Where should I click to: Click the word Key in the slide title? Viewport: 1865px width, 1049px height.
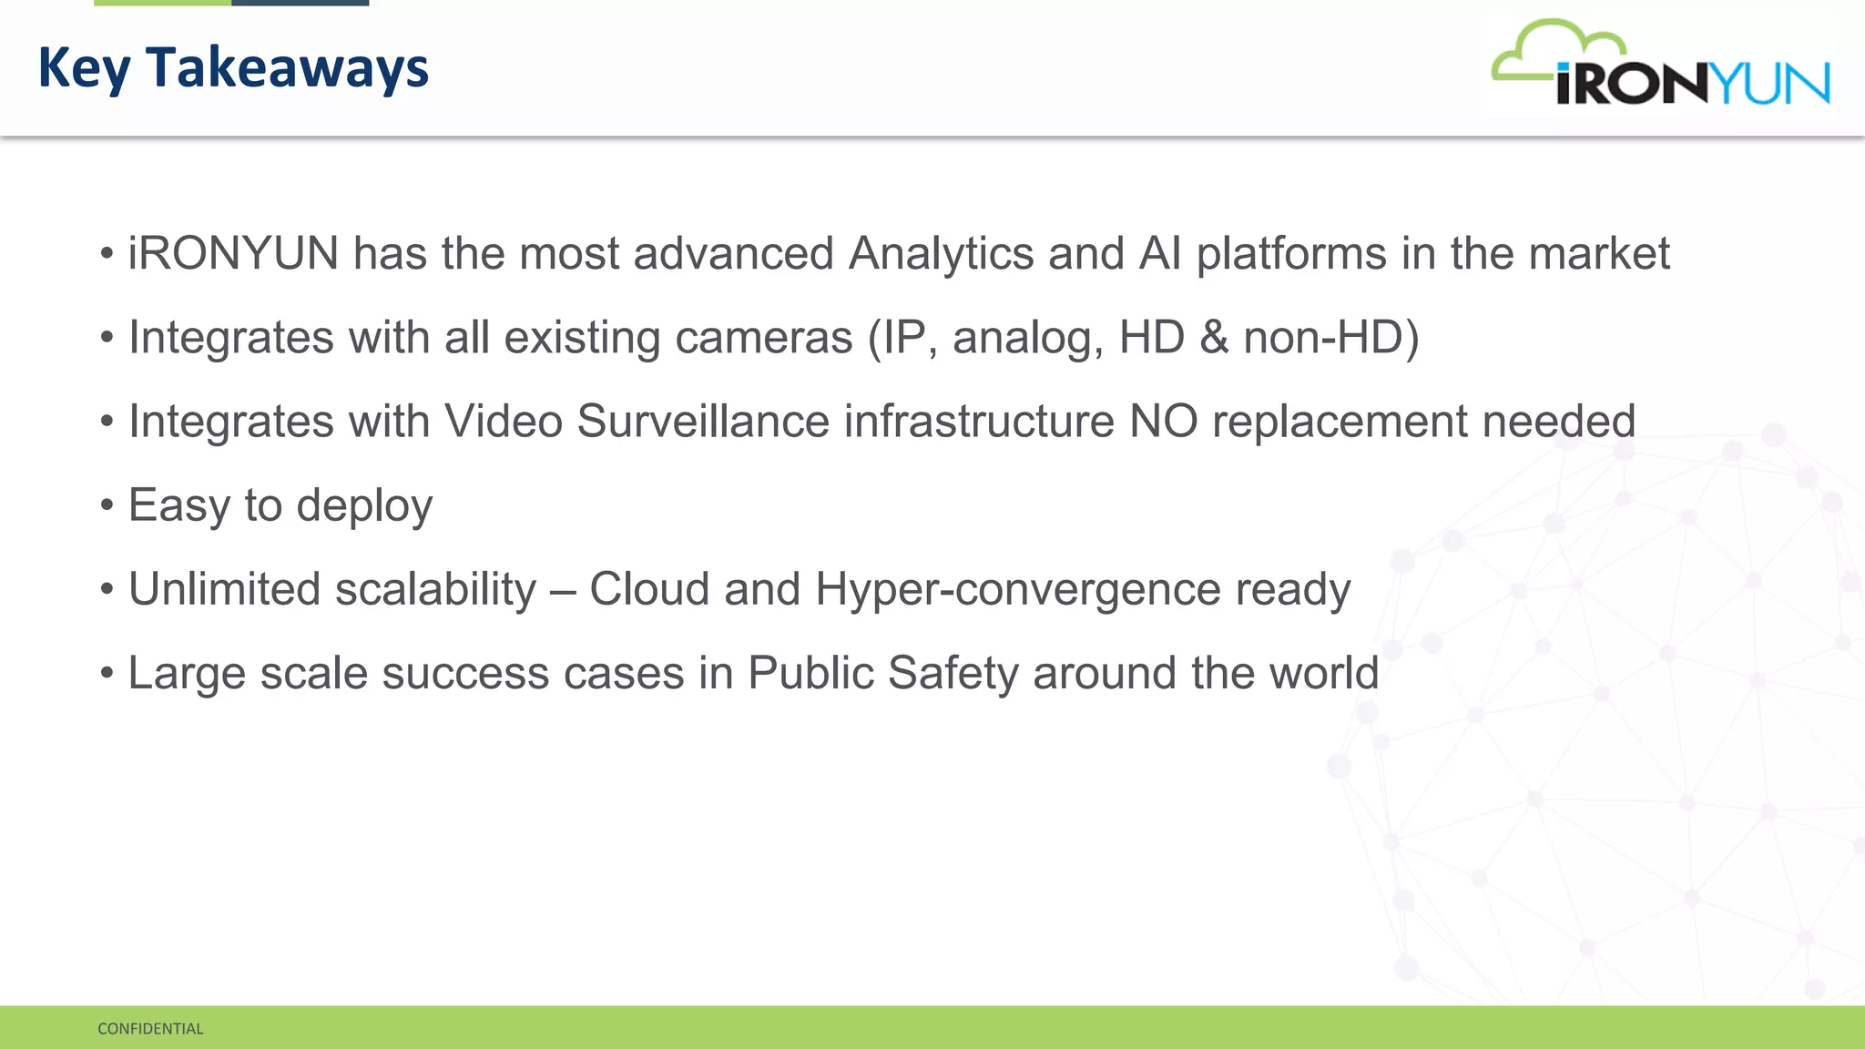84,69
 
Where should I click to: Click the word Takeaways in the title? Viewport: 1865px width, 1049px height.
287,67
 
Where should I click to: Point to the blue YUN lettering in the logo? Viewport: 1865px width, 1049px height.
1772,84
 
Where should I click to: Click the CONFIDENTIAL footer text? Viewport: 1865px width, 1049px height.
150,1029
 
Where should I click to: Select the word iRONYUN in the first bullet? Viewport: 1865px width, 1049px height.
233,253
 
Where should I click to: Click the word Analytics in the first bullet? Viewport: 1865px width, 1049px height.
941,253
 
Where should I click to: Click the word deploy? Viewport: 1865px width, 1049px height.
364,506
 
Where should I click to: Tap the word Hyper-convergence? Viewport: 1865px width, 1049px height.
1017,589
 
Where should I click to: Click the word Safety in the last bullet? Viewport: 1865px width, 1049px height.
953,674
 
